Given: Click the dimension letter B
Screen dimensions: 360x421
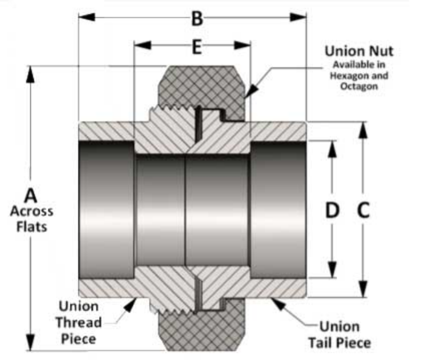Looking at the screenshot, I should click(x=197, y=18).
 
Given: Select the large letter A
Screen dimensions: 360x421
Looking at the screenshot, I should click(x=31, y=196).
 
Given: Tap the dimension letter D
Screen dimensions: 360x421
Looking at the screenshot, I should click(x=332, y=211).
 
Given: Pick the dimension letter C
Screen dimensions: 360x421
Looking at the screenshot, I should click(x=363, y=211).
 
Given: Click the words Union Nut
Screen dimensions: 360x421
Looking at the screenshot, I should click(x=359, y=51).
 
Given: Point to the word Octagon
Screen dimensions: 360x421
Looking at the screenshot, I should click(x=359, y=86).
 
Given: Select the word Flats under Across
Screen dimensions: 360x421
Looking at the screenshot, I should click(x=32, y=227).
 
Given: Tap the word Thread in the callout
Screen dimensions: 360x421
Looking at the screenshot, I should click(x=79, y=322).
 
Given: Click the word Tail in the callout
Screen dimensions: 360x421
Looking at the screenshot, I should click(x=321, y=342).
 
